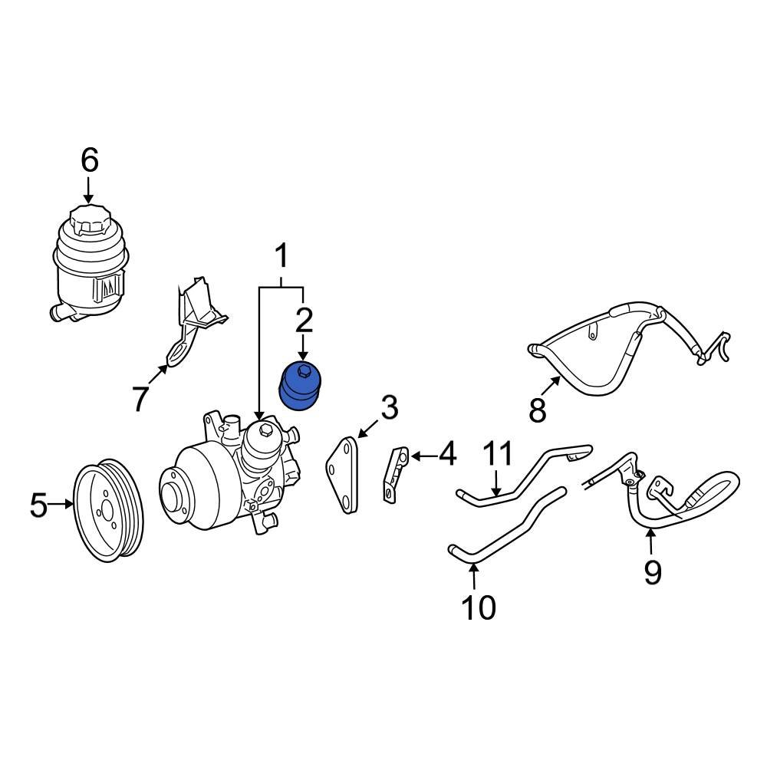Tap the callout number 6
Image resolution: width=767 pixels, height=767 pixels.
pos(90,160)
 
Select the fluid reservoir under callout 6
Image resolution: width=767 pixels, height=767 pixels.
pos(90,264)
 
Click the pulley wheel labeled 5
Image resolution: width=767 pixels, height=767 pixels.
pos(108,510)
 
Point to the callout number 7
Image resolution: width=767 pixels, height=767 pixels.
pos(140,399)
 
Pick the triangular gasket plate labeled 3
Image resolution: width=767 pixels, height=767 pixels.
pos(343,476)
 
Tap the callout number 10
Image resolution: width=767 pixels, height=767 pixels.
pos(479,608)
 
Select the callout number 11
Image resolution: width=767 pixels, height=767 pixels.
pos(498,453)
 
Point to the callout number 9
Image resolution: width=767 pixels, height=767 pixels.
pos(653,572)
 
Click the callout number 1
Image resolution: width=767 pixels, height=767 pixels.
pos(281,257)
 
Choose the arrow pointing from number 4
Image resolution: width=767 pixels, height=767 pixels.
pos(423,456)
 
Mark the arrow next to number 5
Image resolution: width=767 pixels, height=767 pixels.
pos(61,503)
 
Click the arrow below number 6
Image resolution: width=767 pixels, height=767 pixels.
pos(88,191)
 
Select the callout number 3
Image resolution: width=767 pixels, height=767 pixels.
pos(390,408)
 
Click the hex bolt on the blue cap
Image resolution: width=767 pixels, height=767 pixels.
pos(303,372)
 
